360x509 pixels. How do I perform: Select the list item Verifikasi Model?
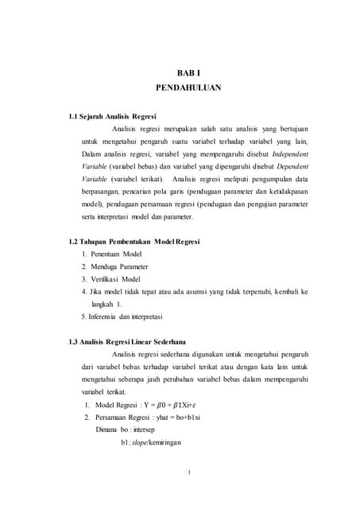pos(116,278)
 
